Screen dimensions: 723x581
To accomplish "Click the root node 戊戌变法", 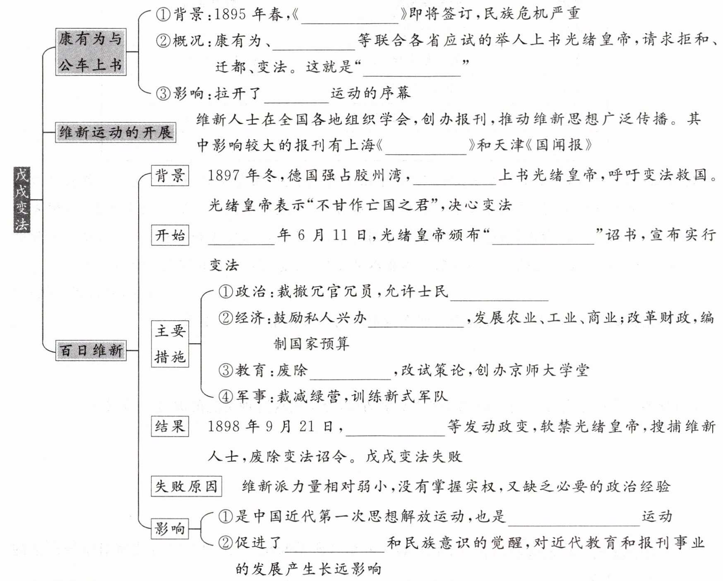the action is coord(22,200).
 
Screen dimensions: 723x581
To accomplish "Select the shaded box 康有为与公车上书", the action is coord(91,52).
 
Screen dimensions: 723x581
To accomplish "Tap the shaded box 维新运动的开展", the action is coord(115,133).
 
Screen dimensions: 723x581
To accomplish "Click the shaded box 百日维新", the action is coord(91,351).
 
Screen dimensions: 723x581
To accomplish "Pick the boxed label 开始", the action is coord(170,235).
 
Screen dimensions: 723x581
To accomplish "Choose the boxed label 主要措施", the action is coord(170,344).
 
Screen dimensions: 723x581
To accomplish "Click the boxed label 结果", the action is coord(170,426).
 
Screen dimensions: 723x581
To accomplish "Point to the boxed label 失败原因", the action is coord(186,486).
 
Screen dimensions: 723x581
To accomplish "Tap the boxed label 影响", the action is coord(170,529).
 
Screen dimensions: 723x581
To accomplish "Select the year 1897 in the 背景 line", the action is coord(223,176).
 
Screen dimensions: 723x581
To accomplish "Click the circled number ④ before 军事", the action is coord(226,397).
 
